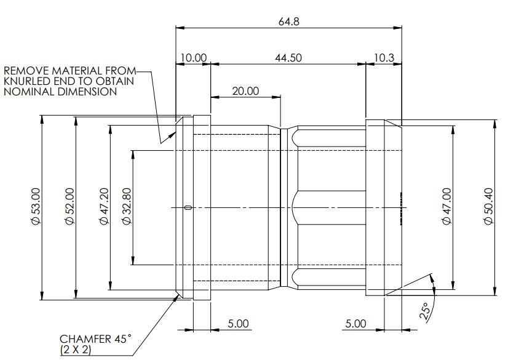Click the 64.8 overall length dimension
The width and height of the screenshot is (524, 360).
click(x=289, y=22)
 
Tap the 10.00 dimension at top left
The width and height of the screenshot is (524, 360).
click(x=193, y=57)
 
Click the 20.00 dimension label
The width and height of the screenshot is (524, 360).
click(x=245, y=90)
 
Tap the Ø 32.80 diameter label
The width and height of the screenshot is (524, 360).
click(x=126, y=207)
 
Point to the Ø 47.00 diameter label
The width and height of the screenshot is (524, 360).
click(x=447, y=207)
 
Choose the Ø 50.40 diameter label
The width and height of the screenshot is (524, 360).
click(x=489, y=207)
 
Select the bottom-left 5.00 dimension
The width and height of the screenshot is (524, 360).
click(x=238, y=323)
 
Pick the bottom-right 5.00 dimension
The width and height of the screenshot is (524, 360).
click(x=355, y=323)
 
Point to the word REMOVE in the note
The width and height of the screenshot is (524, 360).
click(x=23, y=70)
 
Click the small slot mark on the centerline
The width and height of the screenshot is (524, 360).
click(x=188, y=207)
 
